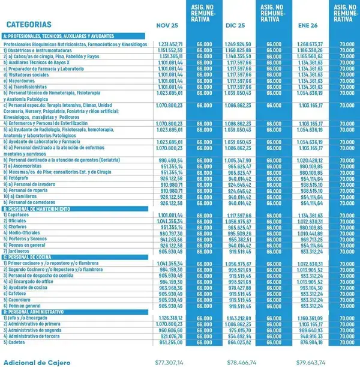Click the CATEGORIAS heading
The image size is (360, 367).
point(28,25)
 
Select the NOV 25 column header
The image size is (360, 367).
point(167,26)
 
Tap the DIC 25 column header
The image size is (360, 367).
point(237,26)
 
